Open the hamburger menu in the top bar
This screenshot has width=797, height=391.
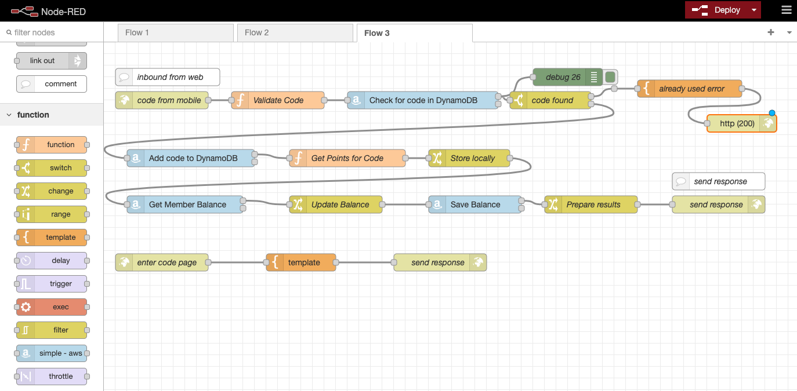coord(787,10)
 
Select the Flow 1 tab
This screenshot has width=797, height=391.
coord(175,32)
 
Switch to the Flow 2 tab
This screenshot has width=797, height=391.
coord(295,32)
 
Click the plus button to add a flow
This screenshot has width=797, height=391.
coord(771,32)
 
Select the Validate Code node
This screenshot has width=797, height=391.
coord(278,100)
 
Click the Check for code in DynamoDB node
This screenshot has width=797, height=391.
coord(423,100)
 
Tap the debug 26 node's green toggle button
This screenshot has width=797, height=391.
coord(610,77)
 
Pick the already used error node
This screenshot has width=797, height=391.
coord(690,89)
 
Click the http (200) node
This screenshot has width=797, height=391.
coord(741,123)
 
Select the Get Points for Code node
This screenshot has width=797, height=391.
coord(347,158)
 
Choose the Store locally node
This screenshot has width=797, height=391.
coord(469,158)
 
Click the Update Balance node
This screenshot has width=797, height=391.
coord(336,204)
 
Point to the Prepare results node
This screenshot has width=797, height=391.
coord(591,204)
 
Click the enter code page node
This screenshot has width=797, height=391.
coord(162,262)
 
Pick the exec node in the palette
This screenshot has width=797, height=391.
coord(52,307)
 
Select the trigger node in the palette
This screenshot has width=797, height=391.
coord(52,284)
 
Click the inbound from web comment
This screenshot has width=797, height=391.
coord(168,77)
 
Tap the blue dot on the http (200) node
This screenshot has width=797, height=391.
coord(771,113)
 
